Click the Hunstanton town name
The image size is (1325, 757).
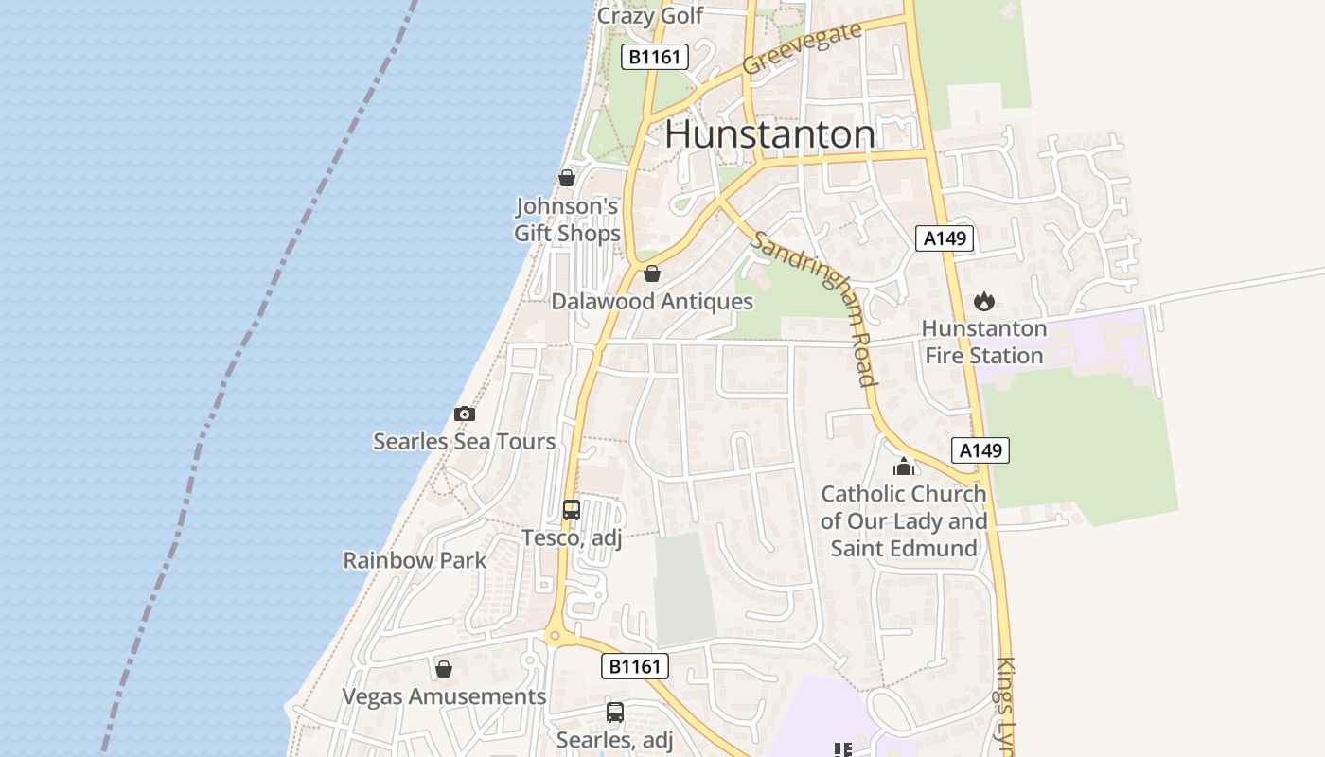click(x=769, y=134)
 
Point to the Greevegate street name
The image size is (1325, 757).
click(x=802, y=48)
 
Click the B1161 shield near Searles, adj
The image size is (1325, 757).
click(x=635, y=666)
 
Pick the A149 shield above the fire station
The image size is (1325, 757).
click(x=945, y=238)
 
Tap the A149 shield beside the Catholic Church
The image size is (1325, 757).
click(x=980, y=450)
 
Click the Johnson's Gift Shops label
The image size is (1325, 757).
click(x=567, y=220)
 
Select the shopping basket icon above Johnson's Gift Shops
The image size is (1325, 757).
click(x=567, y=178)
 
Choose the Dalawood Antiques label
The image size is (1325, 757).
click(x=652, y=302)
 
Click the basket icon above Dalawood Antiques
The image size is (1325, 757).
click(x=652, y=273)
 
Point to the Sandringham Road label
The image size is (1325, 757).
click(x=814, y=308)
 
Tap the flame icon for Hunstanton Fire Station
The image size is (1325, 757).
click(x=984, y=301)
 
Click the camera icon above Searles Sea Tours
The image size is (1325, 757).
click(x=464, y=414)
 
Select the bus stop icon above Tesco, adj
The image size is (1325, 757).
click(x=572, y=510)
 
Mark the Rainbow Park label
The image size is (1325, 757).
click(x=415, y=560)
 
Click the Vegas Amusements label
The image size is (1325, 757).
click(x=444, y=697)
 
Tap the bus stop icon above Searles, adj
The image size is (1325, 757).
click(x=615, y=712)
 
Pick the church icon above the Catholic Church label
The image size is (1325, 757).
click(x=904, y=467)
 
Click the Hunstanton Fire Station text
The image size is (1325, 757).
click(x=984, y=342)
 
